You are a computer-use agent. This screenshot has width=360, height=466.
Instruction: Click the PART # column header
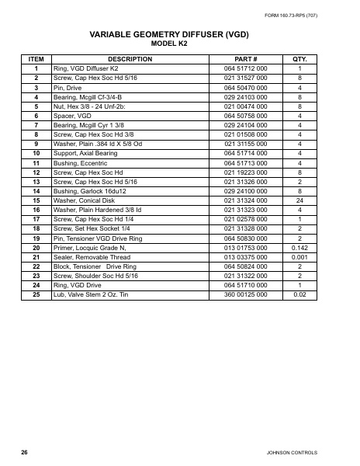[245, 59]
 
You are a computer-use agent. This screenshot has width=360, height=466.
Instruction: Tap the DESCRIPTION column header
[130, 59]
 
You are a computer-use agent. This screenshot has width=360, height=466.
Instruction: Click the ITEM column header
[36, 59]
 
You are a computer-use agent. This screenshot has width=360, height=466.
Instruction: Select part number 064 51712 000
[245, 69]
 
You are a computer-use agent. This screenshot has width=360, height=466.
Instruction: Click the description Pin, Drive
[67, 89]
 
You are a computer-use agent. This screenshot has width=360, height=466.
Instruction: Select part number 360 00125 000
[245, 294]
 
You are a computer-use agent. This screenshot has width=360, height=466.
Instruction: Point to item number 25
[36, 294]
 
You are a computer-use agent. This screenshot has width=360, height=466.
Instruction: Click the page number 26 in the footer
[25, 451]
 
